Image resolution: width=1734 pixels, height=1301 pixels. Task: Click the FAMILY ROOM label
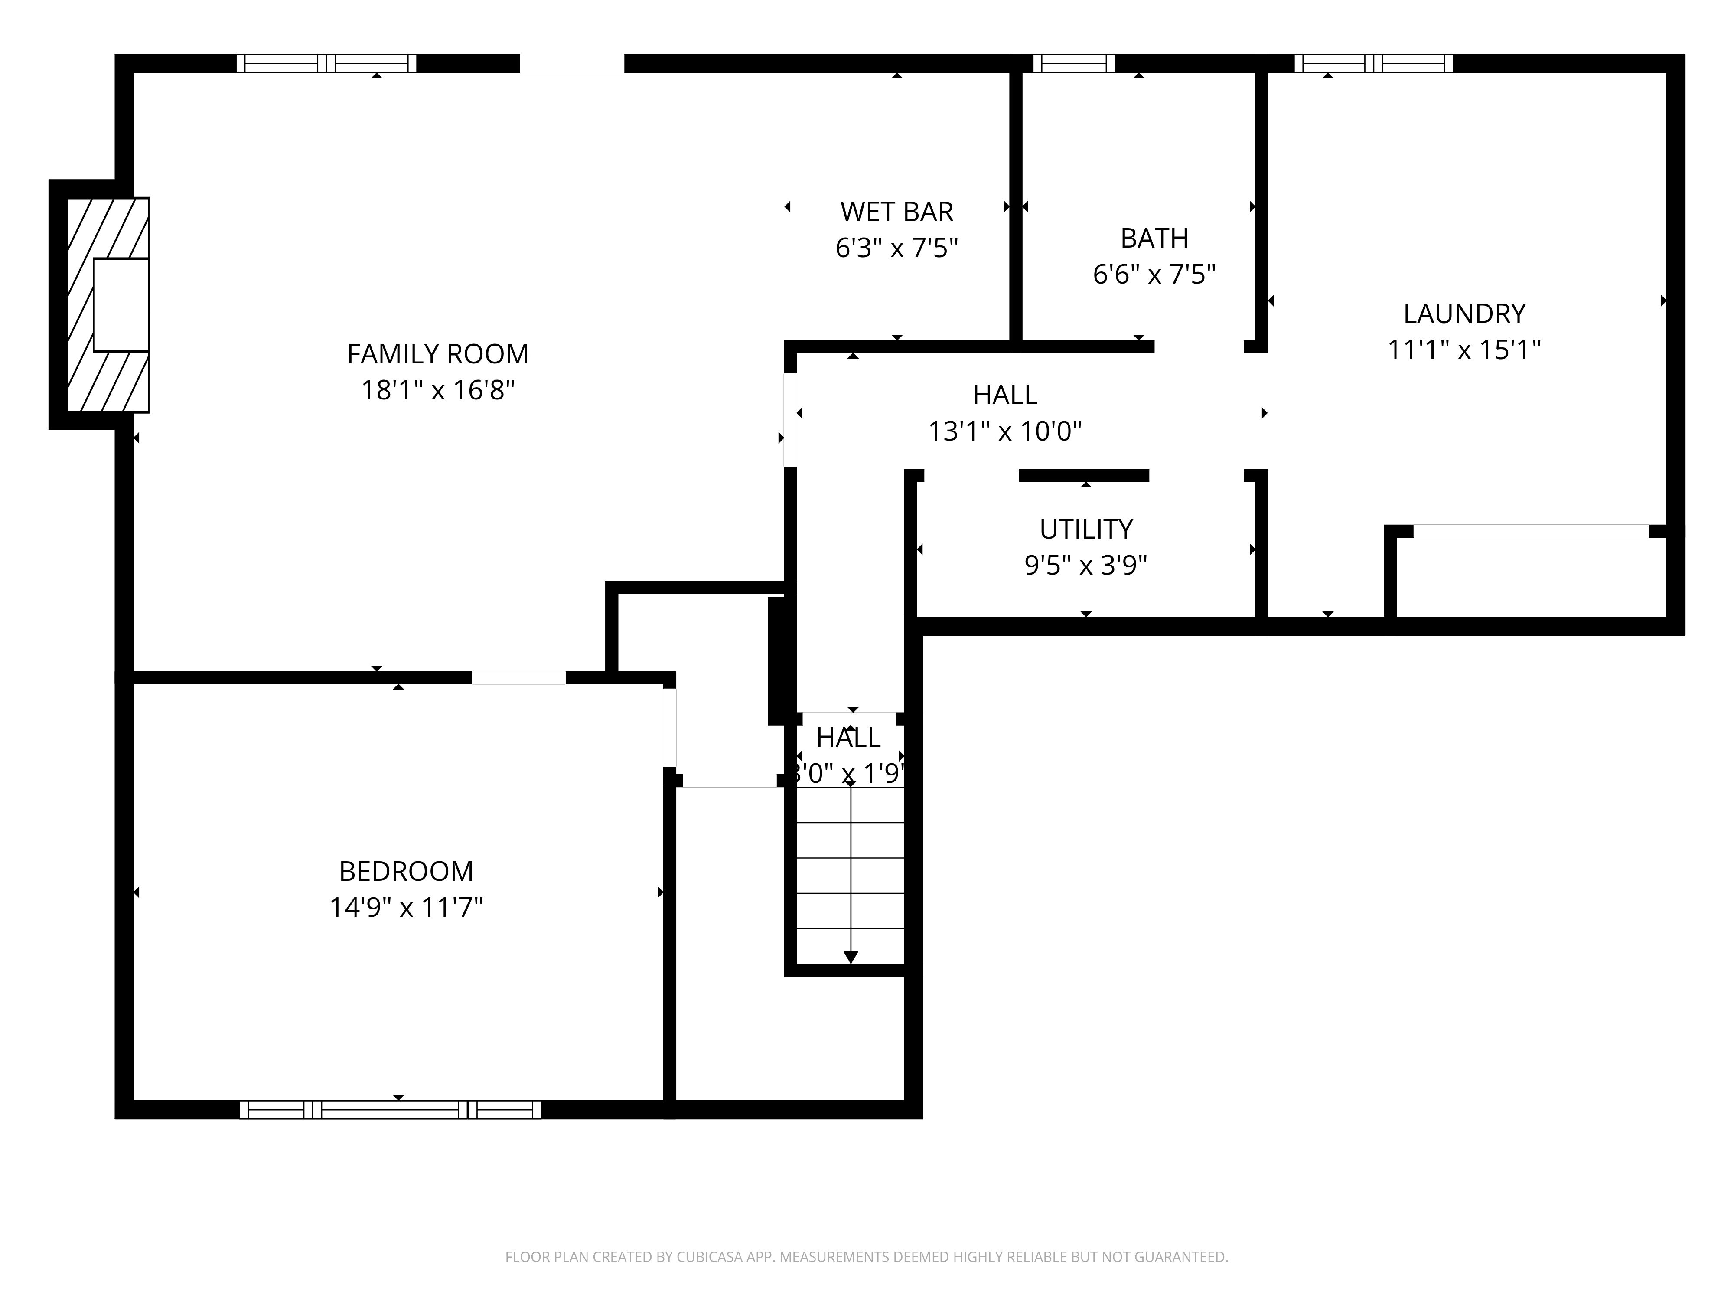pyautogui.click(x=437, y=354)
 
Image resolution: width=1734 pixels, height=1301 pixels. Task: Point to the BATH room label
pyautogui.click(x=1154, y=238)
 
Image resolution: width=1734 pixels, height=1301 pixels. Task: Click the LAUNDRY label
pyautogui.click(x=1463, y=314)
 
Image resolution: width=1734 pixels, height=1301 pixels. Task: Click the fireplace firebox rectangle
pyautogui.click(x=121, y=304)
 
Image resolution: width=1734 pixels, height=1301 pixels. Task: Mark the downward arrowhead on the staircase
pyautogui.click(x=851, y=957)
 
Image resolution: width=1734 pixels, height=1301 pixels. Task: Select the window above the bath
pyautogui.click(x=1073, y=63)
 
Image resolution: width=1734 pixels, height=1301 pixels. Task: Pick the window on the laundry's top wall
pyautogui.click(x=1372, y=63)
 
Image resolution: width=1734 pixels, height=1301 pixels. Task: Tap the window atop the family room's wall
pyautogui.click(x=326, y=63)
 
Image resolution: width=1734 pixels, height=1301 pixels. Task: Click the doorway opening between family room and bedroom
pyautogui.click(x=518, y=677)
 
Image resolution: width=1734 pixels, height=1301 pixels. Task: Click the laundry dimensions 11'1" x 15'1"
pyautogui.click(x=1463, y=350)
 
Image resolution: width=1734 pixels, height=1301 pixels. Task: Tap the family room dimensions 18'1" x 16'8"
pyautogui.click(x=437, y=390)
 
